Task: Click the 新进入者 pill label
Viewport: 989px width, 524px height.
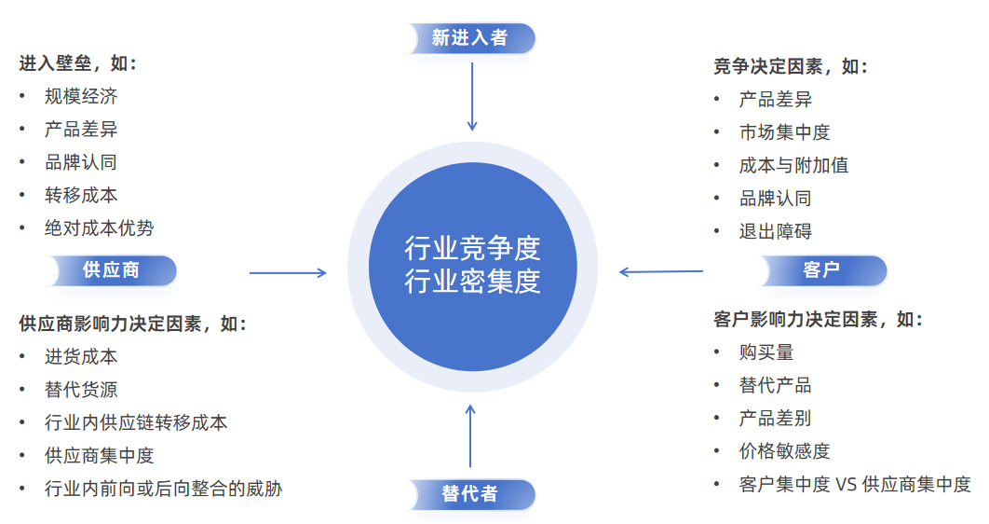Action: click(470, 38)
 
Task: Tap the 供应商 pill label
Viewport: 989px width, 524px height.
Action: click(111, 270)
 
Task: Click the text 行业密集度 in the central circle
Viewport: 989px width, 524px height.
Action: click(472, 281)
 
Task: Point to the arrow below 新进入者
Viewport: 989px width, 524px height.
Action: click(472, 97)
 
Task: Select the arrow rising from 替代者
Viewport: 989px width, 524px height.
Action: click(470, 435)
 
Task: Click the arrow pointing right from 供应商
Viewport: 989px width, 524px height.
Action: click(288, 273)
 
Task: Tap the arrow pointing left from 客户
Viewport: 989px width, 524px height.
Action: click(661, 272)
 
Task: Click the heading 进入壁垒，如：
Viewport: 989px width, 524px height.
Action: click(78, 64)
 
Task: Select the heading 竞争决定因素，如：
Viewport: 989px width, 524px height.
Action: click(791, 67)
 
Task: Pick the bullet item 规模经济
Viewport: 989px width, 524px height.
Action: click(81, 97)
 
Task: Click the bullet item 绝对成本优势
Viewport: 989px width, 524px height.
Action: click(99, 228)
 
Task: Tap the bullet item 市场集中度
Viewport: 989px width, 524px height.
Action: click(784, 132)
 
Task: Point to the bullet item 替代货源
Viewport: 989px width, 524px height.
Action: click(81, 390)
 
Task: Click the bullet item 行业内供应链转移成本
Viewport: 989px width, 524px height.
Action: click(135, 422)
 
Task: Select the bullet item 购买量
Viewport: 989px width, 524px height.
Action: click(765, 352)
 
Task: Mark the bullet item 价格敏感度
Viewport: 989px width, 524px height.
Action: click(784, 451)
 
